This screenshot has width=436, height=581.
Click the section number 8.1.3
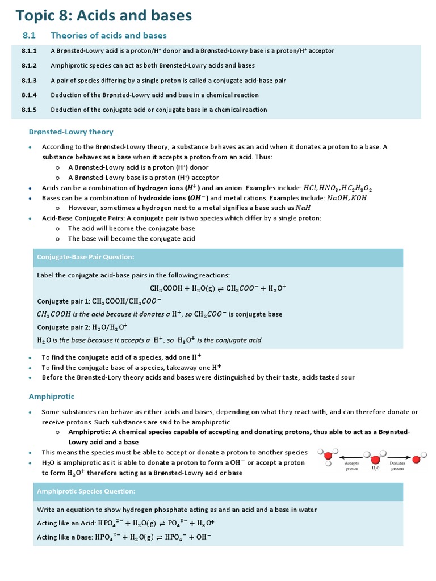(x=29, y=81)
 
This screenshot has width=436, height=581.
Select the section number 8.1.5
(x=29, y=110)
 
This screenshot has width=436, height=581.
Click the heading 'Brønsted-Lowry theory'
(x=71, y=132)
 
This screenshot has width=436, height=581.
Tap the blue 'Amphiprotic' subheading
(x=51, y=397)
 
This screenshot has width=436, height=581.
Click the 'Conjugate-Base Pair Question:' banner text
(x=86, y=257)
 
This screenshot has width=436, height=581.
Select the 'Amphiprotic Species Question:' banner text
(x=86, y=491)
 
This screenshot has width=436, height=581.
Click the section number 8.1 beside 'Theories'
(x=29, y=36)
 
